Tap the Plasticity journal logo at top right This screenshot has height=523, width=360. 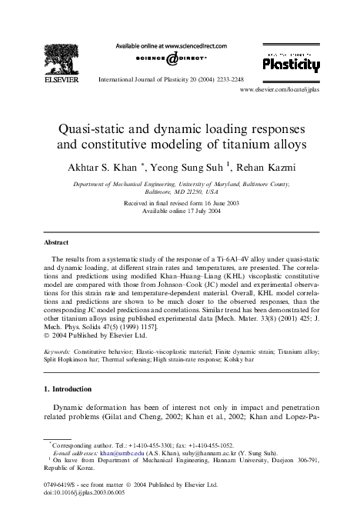pyautogui.click(x=292, y=66)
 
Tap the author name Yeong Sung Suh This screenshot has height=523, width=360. pyautogui.click(x=185, y=168)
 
